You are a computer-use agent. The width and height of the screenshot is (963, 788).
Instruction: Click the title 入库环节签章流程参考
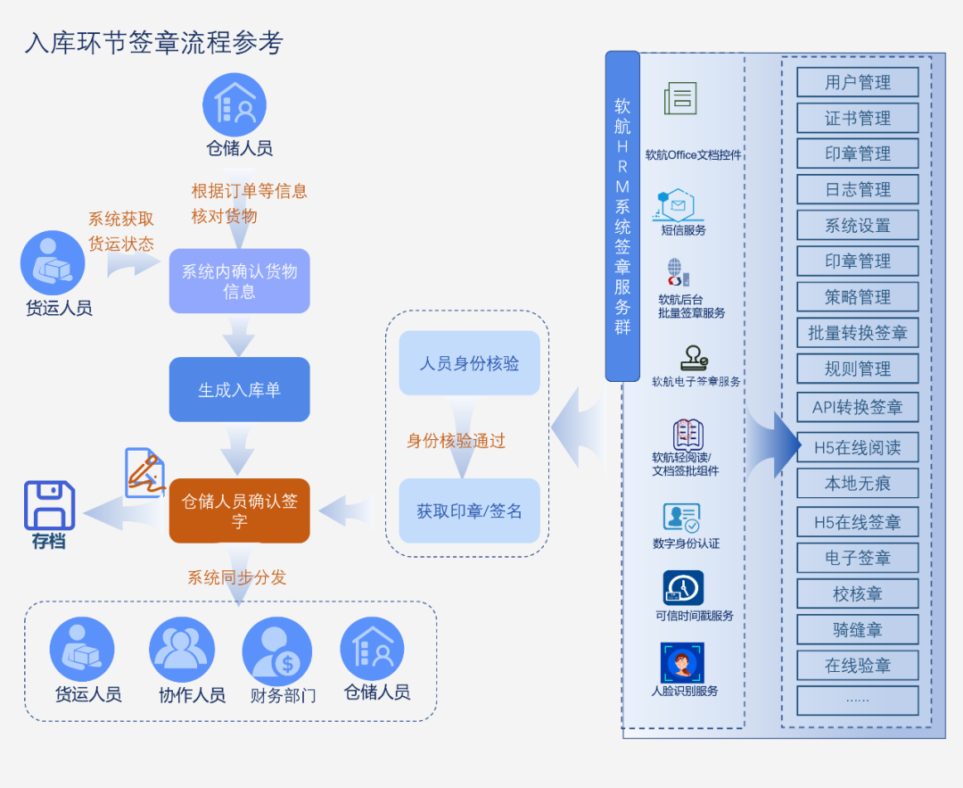tap(153, 43)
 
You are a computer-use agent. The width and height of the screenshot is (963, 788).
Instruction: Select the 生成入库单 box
tap(239, 390)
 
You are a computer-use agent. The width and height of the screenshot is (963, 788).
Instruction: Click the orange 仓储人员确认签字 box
tap(239, 510)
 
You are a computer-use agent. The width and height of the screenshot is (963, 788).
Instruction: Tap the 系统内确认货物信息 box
tap(239, 281)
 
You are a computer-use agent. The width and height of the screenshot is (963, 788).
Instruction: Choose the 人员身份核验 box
tap(469, 363)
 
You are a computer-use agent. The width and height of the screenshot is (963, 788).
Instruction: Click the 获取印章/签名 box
tap(469, 511)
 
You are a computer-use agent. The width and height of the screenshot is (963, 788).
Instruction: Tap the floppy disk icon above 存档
tap(49, 505)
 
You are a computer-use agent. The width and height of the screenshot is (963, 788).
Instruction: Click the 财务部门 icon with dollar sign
tap(276, 651)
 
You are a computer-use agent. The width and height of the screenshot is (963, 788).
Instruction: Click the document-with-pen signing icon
tap(144, 472)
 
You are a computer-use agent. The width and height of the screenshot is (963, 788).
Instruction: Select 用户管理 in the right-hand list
tap(857, 82)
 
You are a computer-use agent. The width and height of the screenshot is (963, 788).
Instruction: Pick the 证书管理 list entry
tap(857, 118)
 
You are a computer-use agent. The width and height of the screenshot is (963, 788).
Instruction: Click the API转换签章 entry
tap(857, 407)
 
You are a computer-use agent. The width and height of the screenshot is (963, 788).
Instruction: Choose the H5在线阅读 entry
tap(857, 447)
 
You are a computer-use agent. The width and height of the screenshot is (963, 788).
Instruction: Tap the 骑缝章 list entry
tap(857, 629)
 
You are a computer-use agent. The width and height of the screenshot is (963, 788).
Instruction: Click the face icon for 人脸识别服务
tap(682, 663)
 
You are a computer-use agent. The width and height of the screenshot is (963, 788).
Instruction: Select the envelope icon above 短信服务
tap(679, 205)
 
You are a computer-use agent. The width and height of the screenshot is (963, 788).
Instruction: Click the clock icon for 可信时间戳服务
tap(683, 588)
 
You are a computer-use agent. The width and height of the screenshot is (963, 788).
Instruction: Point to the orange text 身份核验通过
tap(456, 441)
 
